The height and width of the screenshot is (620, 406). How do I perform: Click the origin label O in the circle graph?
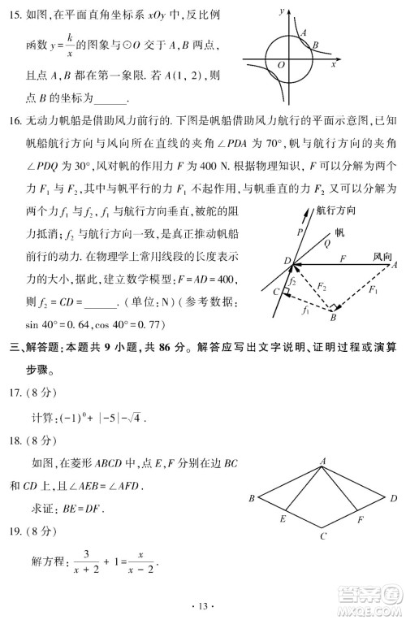pos(280,63)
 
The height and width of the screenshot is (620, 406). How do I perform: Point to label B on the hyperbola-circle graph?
pos(315,46)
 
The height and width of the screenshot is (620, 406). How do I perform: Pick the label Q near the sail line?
pos(326,241)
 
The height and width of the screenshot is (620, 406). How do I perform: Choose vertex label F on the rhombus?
pos(360,518)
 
